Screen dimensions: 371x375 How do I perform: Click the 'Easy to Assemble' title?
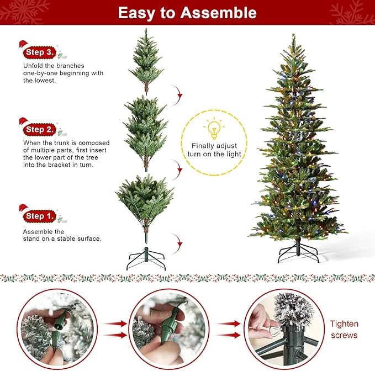[x=187, y=13]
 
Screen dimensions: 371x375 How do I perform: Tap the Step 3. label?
[x=40, y=52]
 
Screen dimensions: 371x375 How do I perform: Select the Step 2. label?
[x=40, y=130]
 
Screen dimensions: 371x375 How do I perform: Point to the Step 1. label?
[x=40, y=216]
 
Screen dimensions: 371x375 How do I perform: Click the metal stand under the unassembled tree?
[x=146, y=257]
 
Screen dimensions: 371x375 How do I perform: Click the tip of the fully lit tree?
[x=293, y=38]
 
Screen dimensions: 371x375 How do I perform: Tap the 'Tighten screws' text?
[x=344, y=330]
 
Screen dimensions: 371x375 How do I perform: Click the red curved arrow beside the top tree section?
[x=178, y=95]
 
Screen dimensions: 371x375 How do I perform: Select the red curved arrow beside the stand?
[x=178, y=242]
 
